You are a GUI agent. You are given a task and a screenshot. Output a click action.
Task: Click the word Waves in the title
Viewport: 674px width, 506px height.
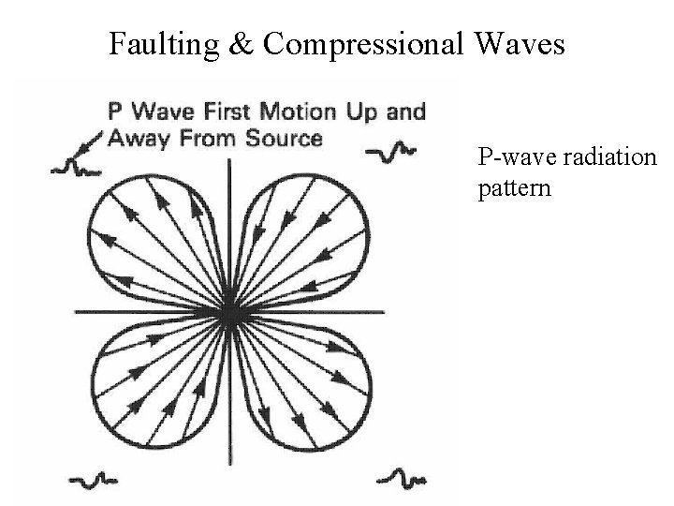coord(521,43)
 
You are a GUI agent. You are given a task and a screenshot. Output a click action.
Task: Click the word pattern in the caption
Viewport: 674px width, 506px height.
coord(514,187)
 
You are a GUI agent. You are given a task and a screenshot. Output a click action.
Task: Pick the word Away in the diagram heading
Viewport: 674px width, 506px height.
coord(137,139)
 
